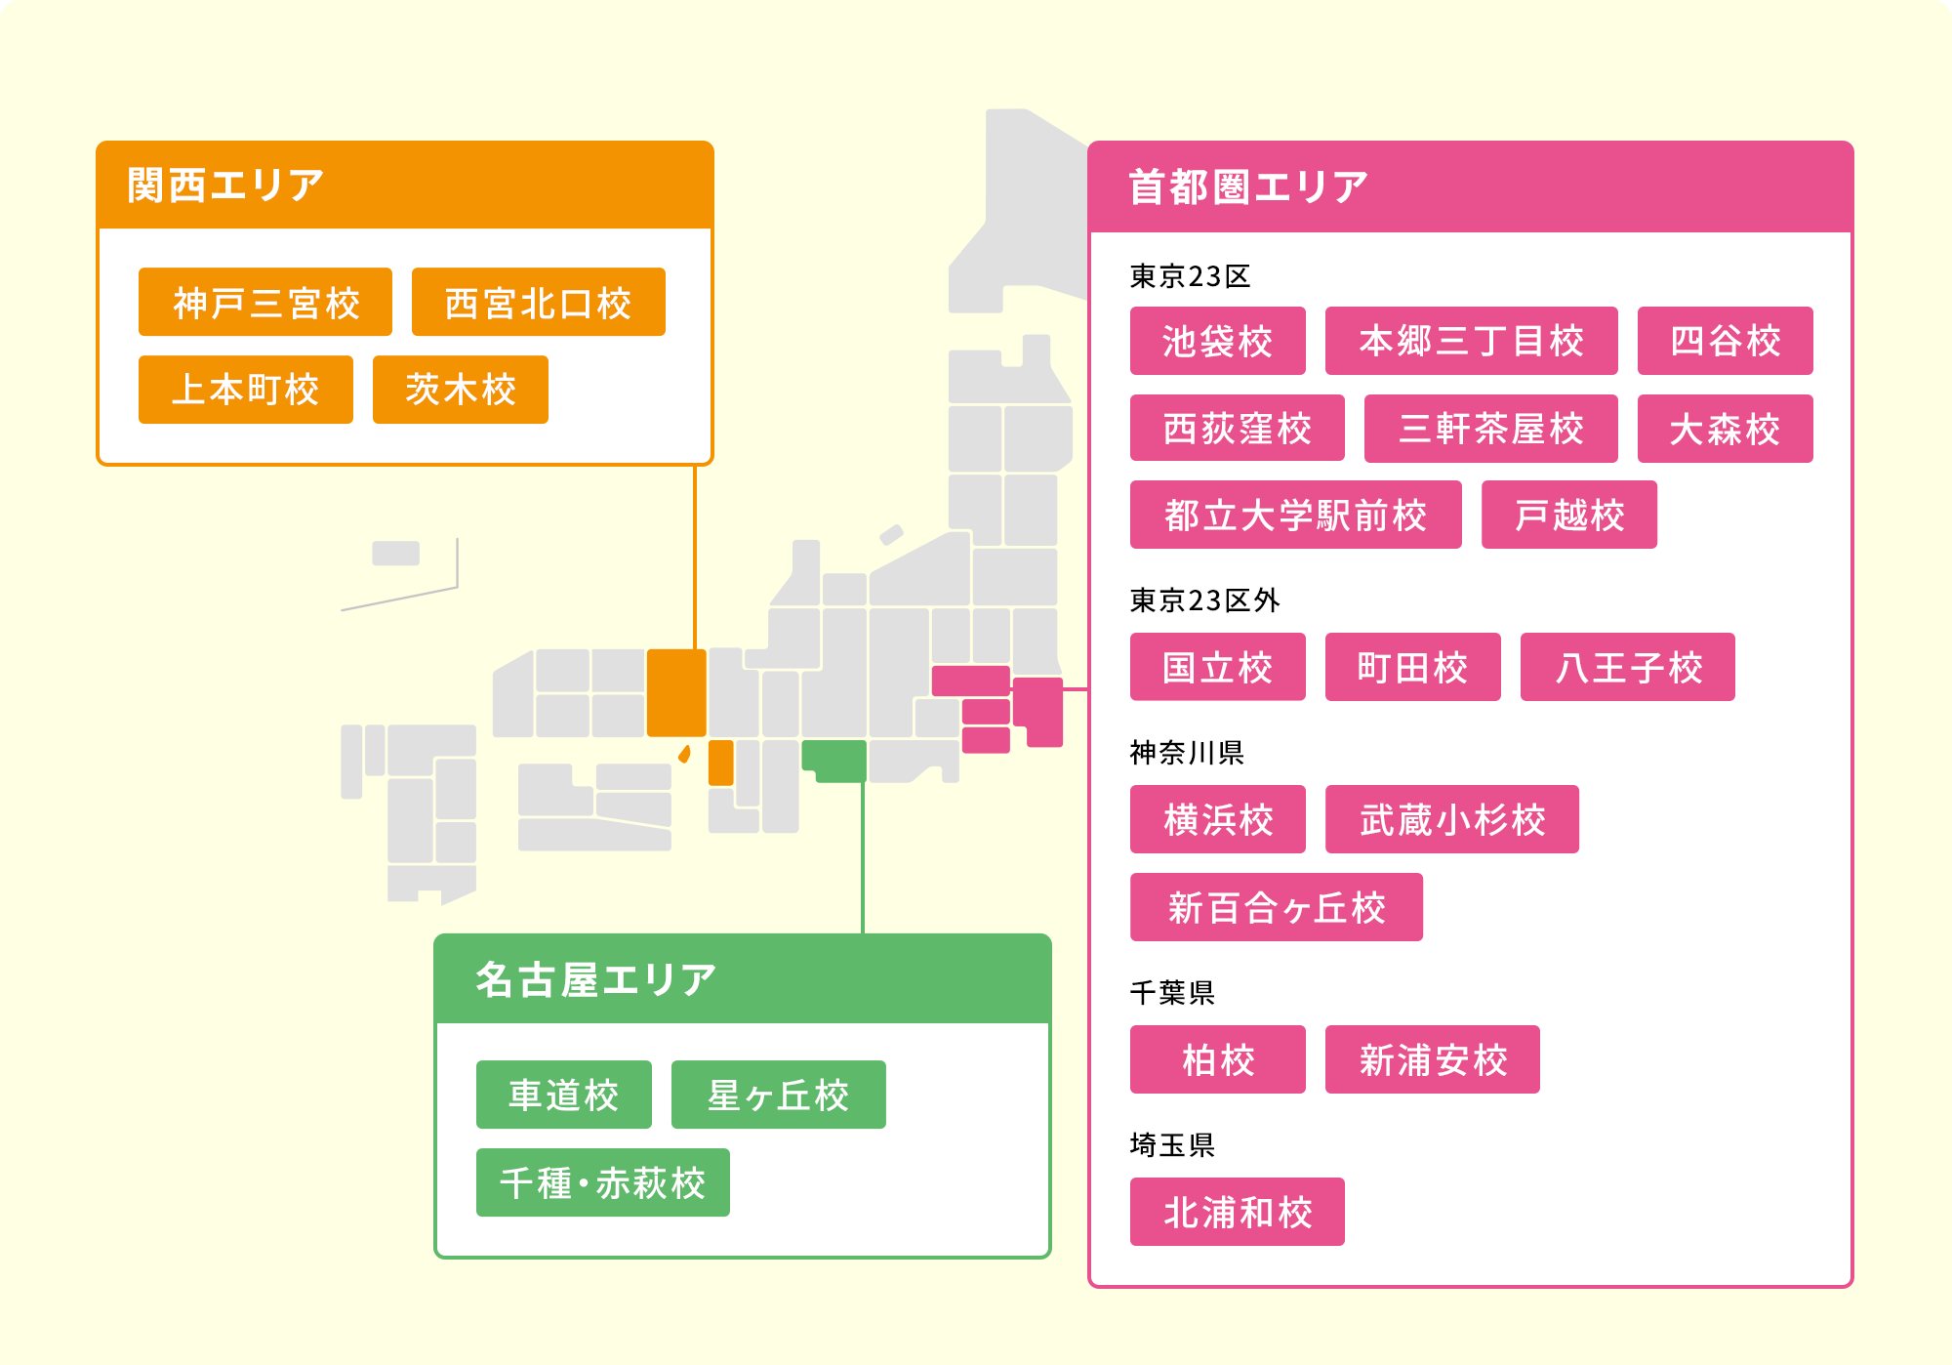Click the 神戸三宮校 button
tap(265, 303)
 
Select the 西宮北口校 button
tap(538, 303)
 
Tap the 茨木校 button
tap(460, 390)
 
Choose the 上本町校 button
tap(245, 390)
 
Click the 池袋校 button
tap(1217, 341)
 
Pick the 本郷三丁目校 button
tap(1471, 341)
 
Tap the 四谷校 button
tap(1725, 341)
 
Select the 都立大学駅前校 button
tap(1295, 515)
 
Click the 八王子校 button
tap(1627, 667)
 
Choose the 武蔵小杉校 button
tap(1451, 819)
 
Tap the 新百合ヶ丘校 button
tap(1276, 907)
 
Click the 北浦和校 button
tap(1237, 1212)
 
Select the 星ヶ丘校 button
tap(778, 1095)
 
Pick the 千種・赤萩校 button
tap(602, 1182)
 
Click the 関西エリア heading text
tap(225, 186)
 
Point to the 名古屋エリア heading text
tap(595, 979)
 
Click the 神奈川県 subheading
tap(1187, 752)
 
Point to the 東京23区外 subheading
tap(1204, 600)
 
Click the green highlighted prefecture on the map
tap(835, 759)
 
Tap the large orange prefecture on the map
tap(676, 692)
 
